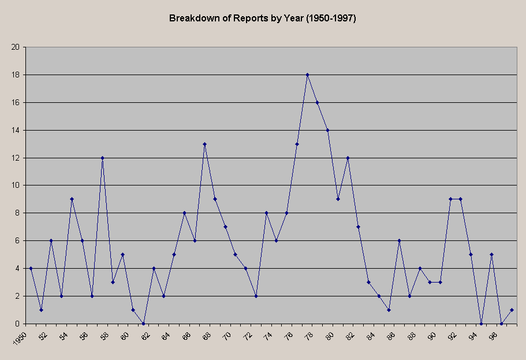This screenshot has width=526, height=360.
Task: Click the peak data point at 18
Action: [x=307, y=75]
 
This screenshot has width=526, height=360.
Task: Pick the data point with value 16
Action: [x=318, y=102]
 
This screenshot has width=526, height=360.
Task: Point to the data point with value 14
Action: [x=328, y=130]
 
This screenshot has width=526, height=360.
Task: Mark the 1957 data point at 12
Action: [x=102, y=158]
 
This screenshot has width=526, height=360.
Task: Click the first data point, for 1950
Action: [x=31, y=268]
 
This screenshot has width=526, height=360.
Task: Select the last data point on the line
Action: [x=512, y=310]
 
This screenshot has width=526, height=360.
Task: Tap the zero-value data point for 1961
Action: [x=143, y=324]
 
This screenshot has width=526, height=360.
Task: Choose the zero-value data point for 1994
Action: [x=481, y=324]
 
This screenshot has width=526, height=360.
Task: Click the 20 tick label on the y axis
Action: [x=16, y=47]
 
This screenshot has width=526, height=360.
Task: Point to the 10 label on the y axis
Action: [x=16, y=185]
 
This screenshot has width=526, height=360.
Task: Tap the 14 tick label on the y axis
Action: [x=16, y=130]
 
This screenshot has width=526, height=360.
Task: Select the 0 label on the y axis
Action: [x=18, y=324]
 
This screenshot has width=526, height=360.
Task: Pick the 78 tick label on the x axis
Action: [x=310, y=335]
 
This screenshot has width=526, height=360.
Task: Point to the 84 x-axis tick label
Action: [x=372, y=335]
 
